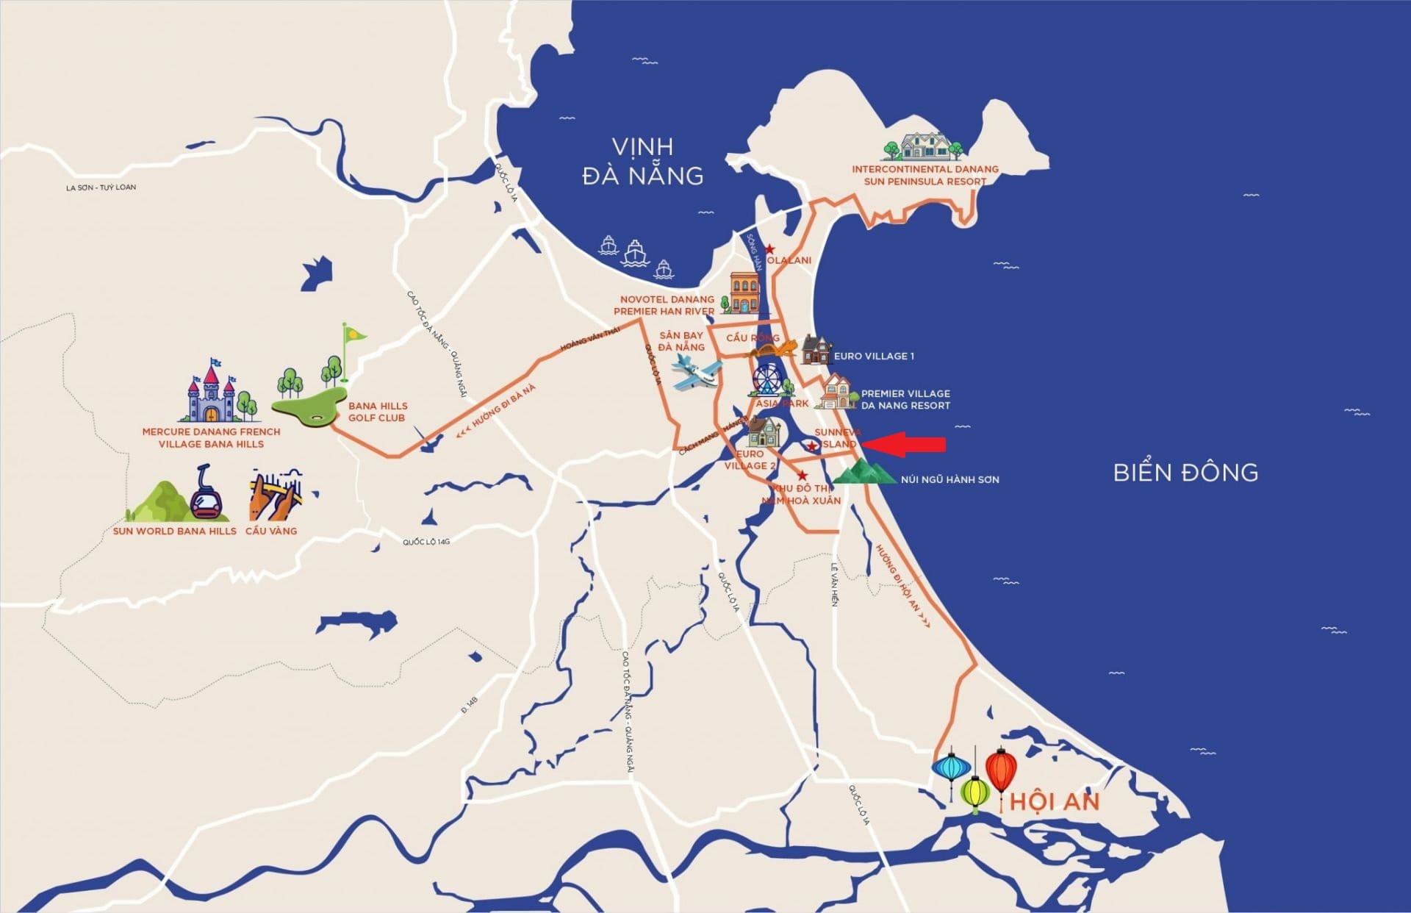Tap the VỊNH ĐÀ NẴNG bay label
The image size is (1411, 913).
pyautogui.click(x=642, y=161)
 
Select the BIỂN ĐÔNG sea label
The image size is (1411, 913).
pyautogui.click(x=1185, y=472)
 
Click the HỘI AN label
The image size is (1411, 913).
pyautogui.click(x=1054, y=801)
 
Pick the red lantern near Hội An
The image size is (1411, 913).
pyautogui.click(x=1000, y=771)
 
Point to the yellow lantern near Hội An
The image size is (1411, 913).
pyautogui.click(x=975, y=792)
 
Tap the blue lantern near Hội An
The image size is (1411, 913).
pyautogui.click(x=952, y=769)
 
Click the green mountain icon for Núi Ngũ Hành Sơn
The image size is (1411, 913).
pyautogui.click(x=864, y=472)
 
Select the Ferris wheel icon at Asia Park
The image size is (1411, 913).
pyautogui.click(x=766, y=380)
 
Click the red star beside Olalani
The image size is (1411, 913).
pyautogui.click(x=769, y=250)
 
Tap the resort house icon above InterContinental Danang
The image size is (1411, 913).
pyautogui.click(x=925, y=146)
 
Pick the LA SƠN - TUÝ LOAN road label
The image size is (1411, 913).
pyautogui.click(x=101, y=187)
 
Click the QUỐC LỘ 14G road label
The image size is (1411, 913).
pyautogui.click(x=426, y=542)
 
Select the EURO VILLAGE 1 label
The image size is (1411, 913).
pyautogui.click(x=874, y=357)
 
